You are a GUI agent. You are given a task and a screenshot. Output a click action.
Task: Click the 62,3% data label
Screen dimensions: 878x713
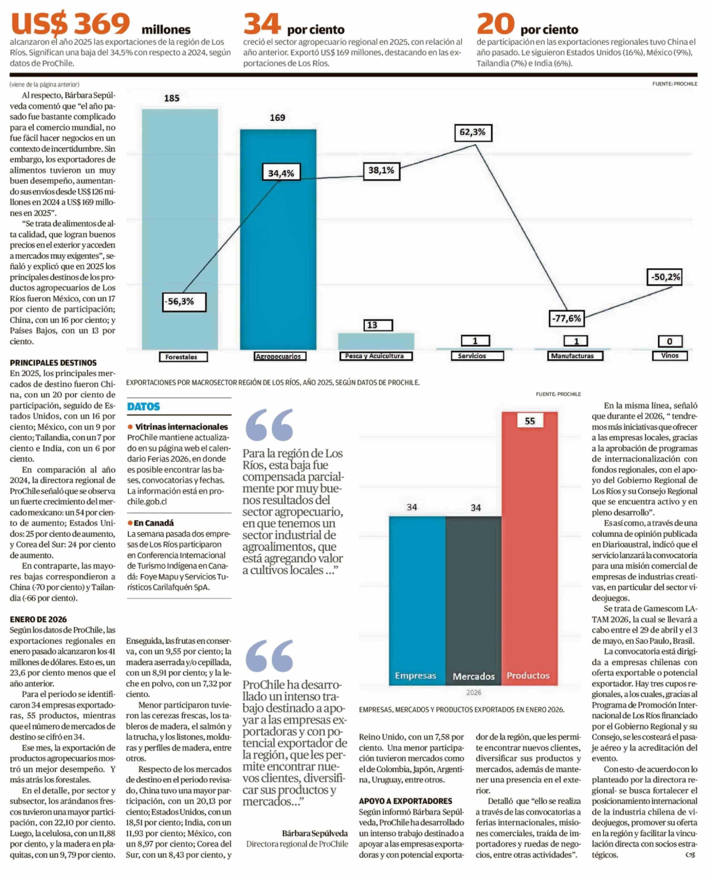coord(473,132)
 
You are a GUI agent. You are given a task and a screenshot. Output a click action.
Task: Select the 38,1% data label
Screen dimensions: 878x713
coord(381,171)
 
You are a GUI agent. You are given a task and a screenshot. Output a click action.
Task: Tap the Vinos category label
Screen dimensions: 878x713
coord(669,355)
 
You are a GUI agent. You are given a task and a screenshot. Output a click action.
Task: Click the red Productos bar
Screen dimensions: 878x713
coord(529,551)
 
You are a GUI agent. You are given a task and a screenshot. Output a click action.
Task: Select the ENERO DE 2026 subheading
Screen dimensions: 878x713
coord(38,619)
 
